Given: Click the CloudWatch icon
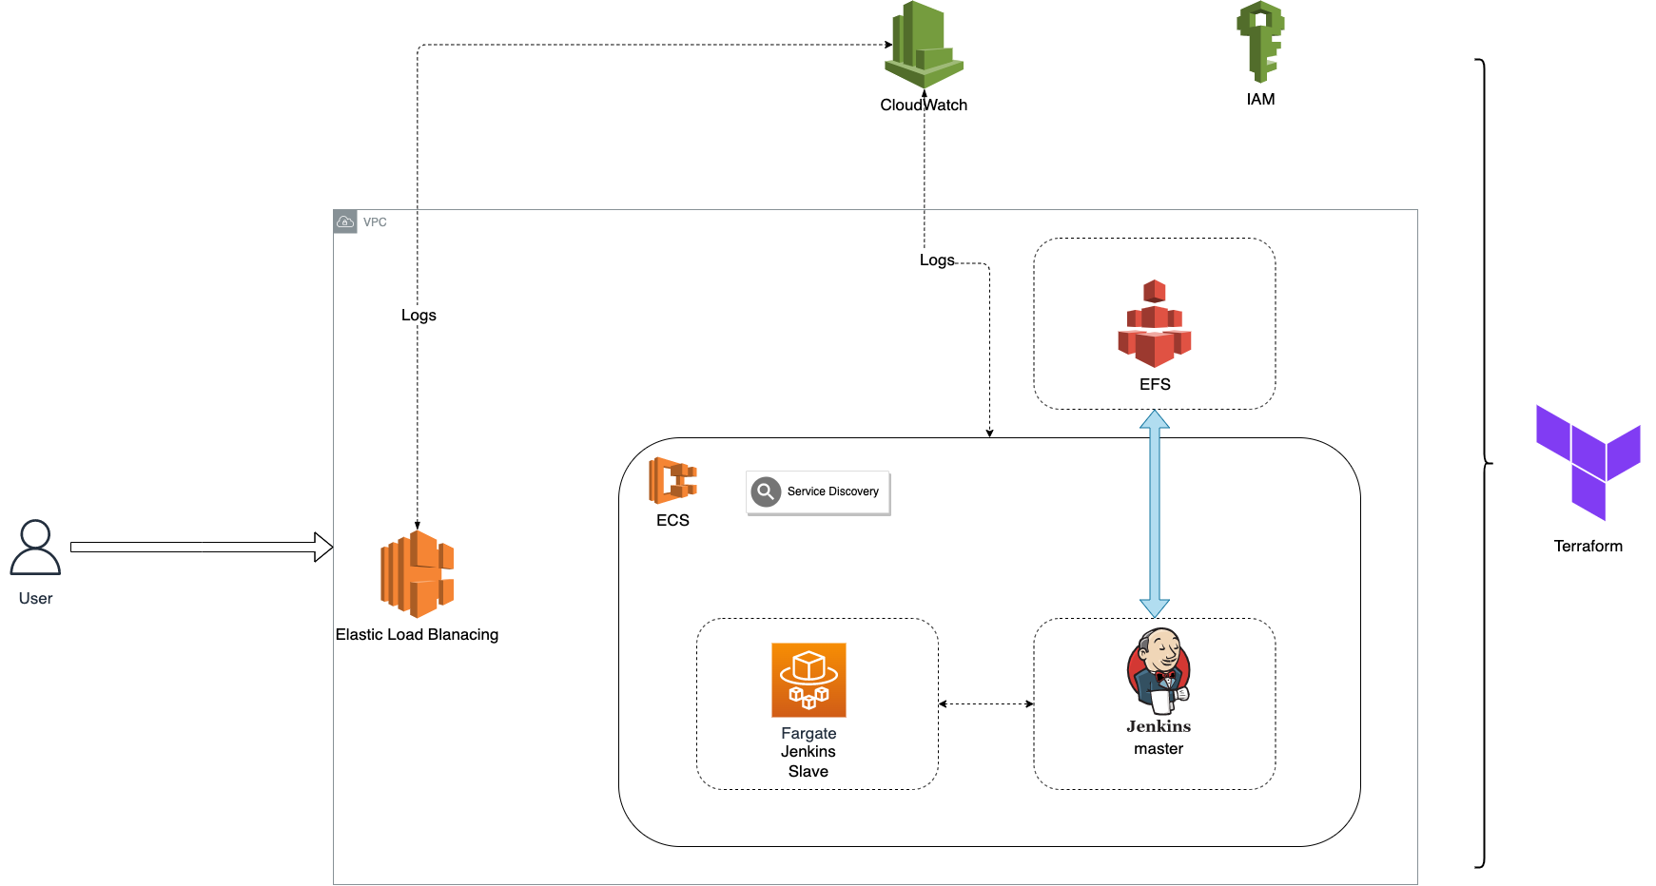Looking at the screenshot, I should point(924,46).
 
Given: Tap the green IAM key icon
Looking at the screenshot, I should point(1260,42).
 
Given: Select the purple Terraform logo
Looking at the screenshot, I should point(1588,462).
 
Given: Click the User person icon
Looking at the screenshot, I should point(35,548).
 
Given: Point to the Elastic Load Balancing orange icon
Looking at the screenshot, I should point(417,574).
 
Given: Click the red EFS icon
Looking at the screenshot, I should point(1154,324).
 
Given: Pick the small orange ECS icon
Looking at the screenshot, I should point(672,480).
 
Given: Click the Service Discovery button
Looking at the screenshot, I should point(818,492).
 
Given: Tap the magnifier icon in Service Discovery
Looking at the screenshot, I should point(766,491).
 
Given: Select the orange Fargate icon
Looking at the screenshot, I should point(809,680).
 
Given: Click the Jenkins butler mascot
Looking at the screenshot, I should point(1158,670).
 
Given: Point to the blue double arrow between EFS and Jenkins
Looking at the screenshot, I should point(1154,513).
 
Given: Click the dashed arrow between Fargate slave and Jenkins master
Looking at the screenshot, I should point(985,703).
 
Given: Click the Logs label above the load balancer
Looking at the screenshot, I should point(419,316).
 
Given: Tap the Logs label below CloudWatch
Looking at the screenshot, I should point(937,260).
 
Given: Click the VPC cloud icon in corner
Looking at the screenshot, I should point(345,221).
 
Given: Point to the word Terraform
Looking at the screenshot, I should point(1588,546).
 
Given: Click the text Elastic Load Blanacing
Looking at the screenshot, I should point(417,634).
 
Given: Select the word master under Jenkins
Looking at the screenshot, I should point(1158,749).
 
